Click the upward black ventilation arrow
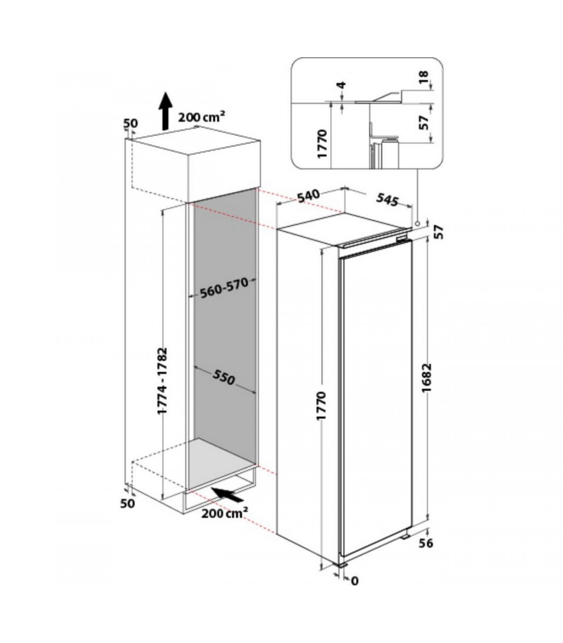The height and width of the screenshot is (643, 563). click(x=166, y=112)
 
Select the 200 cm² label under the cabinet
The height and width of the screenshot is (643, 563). click(x=224, y=522)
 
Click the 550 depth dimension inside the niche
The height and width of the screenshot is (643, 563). click(x=224, y=376)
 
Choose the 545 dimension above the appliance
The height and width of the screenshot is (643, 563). click(x=388, y=200)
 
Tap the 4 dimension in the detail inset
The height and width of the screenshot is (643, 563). click(x=342, y=85)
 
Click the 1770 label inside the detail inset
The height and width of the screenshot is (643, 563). click(x=323, y=144)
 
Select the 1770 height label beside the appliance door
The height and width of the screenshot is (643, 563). click(x=323, y=405)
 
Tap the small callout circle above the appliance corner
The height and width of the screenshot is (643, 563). click(x=418, y=223)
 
